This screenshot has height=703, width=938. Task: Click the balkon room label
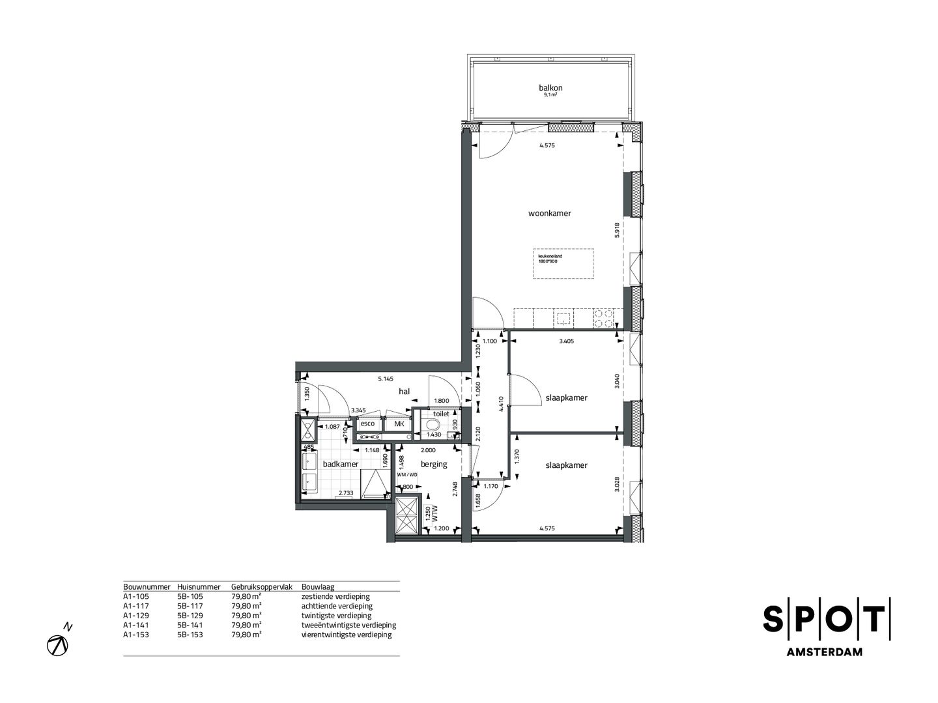pyautogui.click(x=550, y=88)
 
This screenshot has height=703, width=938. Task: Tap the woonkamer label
pyautogui.click(x=550, y=213)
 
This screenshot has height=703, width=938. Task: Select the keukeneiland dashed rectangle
pyautogui.click(x=563, y=263)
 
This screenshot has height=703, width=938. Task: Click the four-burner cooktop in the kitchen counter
pyautogui.click(x=603, y=318)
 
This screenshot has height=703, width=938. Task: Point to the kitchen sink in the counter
pyautogui.click(x=563, y=319)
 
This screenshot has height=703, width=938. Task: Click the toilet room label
pyautogui.click(x=441, y=414)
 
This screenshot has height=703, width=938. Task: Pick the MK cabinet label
pyautogui.click(x=399, y=423)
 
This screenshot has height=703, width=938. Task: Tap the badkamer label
pyautogui.click(x=341, y=464)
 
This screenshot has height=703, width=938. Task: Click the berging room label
pyautogui.click(x=434, y=464)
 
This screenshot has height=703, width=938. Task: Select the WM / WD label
pyautogui.click(x=407, y=474)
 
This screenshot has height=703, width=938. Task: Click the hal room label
pyautogui.click(x=404, y=392)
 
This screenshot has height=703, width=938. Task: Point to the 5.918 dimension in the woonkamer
pyautogui.click(x=616, y=231)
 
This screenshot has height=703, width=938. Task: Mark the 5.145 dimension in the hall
pyautogui.click(x=386, y=379)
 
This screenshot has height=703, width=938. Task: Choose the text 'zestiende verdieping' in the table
pyautogui.click(x=335, y=596)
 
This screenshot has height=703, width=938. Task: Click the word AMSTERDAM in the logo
pyautogui.click(x=826, y=652)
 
